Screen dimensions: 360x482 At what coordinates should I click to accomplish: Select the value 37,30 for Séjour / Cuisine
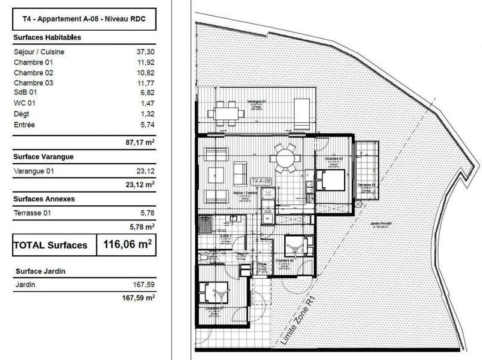pos(145,52)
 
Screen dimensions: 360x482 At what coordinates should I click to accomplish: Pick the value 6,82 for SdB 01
pos(146,93)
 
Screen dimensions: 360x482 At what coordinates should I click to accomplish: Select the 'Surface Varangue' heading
pos(43,157)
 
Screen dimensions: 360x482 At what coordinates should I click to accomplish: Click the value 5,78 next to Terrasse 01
pos(146,213)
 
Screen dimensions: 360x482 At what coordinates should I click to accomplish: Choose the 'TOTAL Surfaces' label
pos(51,246)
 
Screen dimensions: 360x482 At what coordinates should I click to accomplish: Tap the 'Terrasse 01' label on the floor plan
pos(366,184)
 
